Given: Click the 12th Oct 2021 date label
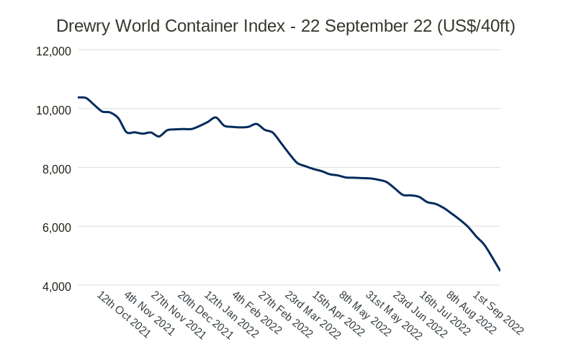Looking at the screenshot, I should [124, 315].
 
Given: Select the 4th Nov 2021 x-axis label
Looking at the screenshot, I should [149, 314].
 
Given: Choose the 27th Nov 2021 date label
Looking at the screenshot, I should [178, 315].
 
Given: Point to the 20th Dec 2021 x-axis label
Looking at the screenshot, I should [205, 315].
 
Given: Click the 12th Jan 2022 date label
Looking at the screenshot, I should [231, 315].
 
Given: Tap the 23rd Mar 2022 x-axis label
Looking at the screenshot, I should [312, 315].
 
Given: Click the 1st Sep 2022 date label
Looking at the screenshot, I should [498, 313].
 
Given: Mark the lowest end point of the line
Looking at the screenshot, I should [500, 271].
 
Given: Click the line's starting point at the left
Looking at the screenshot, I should [78, 97].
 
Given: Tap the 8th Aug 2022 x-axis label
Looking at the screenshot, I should [472, 313].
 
